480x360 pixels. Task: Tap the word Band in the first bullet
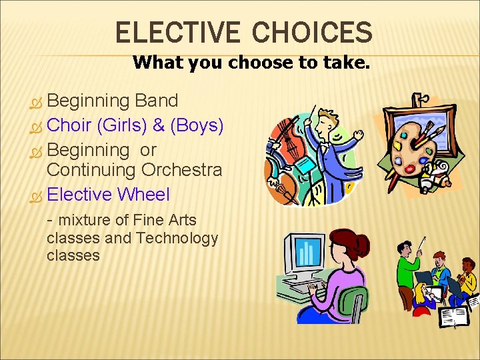(x=156, y=101)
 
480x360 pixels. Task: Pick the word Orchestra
(x=181, y=170)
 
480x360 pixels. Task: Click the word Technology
(x=179, y=238)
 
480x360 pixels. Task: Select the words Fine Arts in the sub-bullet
(x=163, y=220)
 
